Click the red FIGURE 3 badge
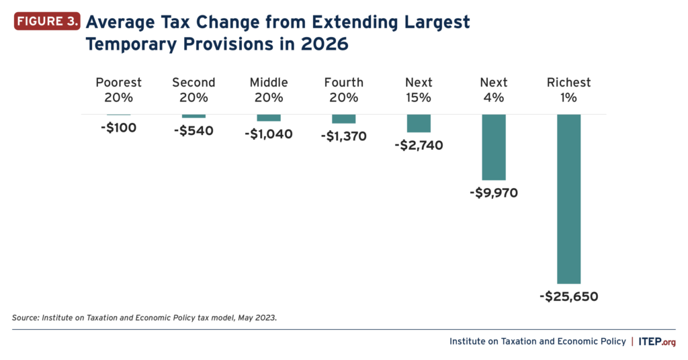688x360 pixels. [46, 21]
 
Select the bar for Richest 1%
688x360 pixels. [568, 199]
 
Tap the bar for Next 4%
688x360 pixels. [494, 147]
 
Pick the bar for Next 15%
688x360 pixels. [419, 124]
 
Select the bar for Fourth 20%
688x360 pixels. [343, 119]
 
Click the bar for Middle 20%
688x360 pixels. [269, 118]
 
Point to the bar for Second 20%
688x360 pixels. [193, 116]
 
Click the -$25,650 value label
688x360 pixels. [568, 296]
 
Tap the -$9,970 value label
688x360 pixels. [494, 193]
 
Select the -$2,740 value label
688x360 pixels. [419, 145]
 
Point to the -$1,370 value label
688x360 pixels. [343, 136]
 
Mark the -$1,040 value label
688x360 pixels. [269, 134]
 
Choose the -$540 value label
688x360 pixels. [193, 130]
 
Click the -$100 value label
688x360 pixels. [119, 128]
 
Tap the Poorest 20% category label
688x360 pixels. [119, 89]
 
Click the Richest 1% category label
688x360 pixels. [568, 89]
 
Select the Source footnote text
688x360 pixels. [144, 317]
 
